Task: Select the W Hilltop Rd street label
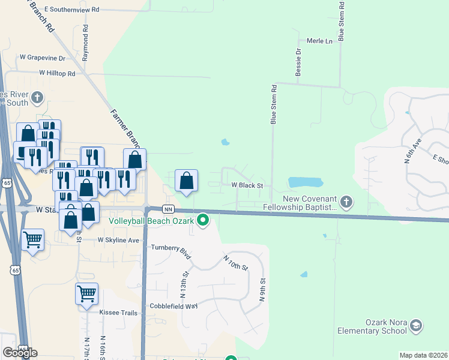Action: click(x=57, y=73)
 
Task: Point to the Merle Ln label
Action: click(x=319, y=41)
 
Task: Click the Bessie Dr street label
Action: click(x=297, y=62)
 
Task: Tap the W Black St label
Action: click(x=248, y=185)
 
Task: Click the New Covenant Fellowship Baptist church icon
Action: click(x=346, y=202)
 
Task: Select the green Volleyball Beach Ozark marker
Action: click(x=203, y=221)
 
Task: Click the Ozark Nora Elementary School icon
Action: click(x=415, y=326)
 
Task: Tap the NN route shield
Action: click(x=169, y=209)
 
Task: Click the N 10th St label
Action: click(x=235, y=263)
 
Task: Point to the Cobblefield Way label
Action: click(x=174, y=306)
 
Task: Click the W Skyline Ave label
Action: click(x=118, y=239)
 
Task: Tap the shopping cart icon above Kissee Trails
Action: click(x=86, y=294)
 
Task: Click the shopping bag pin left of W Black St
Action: click(x=187, y=181)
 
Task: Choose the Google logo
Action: click(x=20, y=352)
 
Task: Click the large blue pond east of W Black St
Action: click(x=306, y=182)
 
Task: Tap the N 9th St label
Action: click(x=262, y=289)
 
